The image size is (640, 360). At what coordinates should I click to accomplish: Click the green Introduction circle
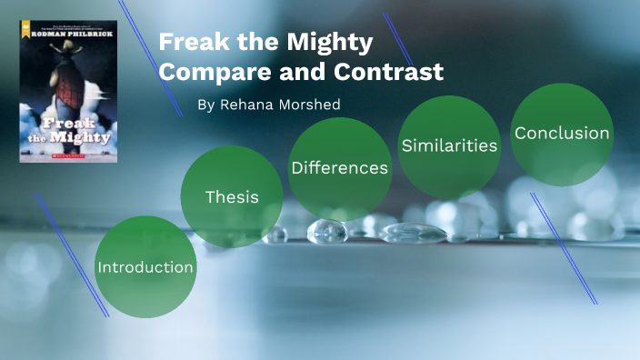(145, 267)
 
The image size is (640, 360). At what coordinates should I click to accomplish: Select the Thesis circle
(232, 196)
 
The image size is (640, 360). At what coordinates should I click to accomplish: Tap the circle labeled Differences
(339, 168)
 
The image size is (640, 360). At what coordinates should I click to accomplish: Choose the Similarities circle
(449, 145)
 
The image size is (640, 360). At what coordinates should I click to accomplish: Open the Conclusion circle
(562, 134)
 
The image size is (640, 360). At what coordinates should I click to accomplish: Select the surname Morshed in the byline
(307, 105)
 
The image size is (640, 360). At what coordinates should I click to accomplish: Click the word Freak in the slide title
(190, 43)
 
